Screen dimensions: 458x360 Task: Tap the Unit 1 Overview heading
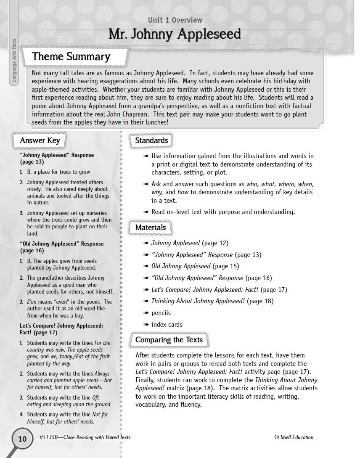[x=175, y=20]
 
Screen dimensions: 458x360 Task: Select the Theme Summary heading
[x=71, y=57]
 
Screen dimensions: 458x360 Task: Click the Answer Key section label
[x=40, y=140]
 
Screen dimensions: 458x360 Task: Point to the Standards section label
[x=151, y=140]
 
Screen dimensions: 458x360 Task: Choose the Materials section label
[x=151, y=228]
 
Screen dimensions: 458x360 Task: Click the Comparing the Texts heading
[x=169, y=340]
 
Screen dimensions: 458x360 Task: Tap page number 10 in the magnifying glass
[x=22, y=439]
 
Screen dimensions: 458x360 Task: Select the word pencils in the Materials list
[x=161, y=313]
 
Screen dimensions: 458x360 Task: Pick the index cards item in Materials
[x=167, y=325]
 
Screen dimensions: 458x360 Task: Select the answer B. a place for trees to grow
[x=58, y=172]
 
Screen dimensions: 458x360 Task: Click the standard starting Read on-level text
[x=223, y=212]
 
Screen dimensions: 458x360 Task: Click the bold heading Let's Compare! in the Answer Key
[x=61, y=326]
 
